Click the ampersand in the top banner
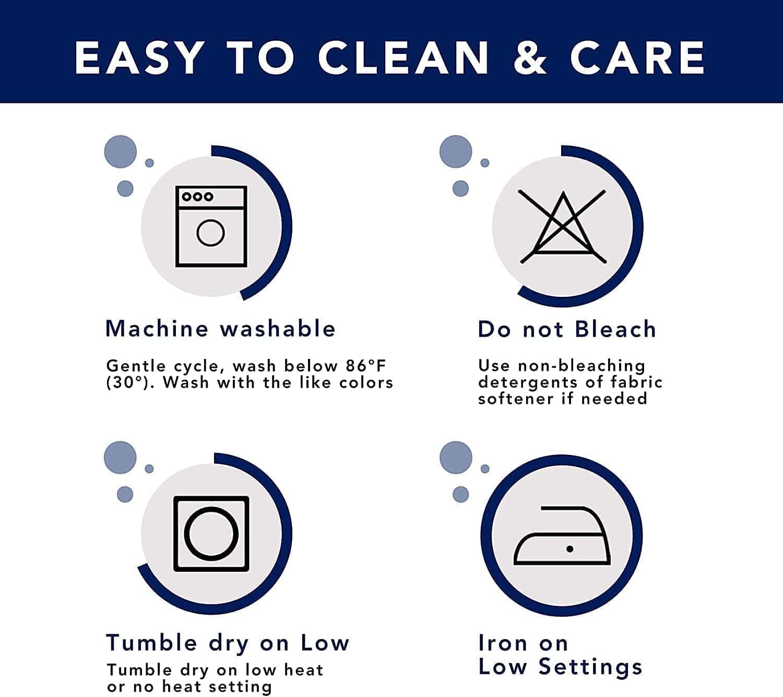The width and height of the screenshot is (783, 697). coord(530,57)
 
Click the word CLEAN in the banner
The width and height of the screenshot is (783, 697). coord(404,57)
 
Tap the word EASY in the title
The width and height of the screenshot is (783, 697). coord(139,57)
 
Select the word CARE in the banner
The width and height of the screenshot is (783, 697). coord(637,57)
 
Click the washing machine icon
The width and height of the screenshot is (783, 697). coord(211,226)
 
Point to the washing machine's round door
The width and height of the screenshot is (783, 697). coord(211,233)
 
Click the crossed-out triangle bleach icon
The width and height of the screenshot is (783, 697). coord(563,227)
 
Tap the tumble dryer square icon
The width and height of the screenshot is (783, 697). coord(211,534)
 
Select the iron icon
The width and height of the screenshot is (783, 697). coord(562,535)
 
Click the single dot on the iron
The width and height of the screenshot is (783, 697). coord(570,549)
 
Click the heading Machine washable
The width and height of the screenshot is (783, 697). coord(220,329)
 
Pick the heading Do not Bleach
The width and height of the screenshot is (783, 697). coord(567,329)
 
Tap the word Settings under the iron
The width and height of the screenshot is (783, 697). coord(590,668)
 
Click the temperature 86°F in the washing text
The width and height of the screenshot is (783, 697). coord(365,366)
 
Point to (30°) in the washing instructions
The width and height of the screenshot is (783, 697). coord(127,382)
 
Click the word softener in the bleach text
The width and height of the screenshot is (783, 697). coord(516,399)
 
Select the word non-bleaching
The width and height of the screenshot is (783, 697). coord(582,366)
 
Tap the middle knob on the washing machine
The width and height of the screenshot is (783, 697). coord(197,197)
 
